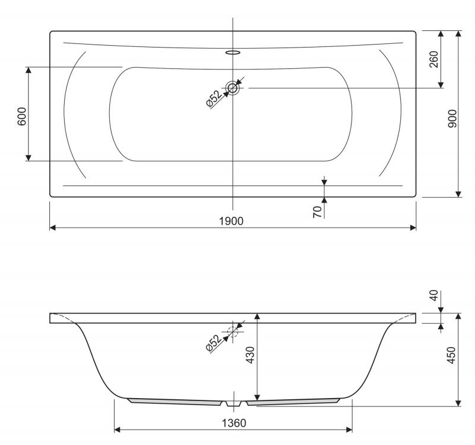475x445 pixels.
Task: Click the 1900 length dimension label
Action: pos(231,221)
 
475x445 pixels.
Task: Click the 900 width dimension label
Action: pos(452,118)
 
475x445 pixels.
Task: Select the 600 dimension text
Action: pos(22,116)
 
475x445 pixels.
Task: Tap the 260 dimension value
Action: pos(434,59)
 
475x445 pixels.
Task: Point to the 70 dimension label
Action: pos(317,212)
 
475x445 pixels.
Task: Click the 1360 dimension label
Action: pos(234,423)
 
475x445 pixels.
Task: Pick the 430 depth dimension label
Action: pos(250,355)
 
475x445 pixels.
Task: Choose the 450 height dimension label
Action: pos(451,355)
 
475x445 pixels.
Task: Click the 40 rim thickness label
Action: pos(434,295)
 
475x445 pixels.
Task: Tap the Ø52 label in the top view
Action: pos(214,99)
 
